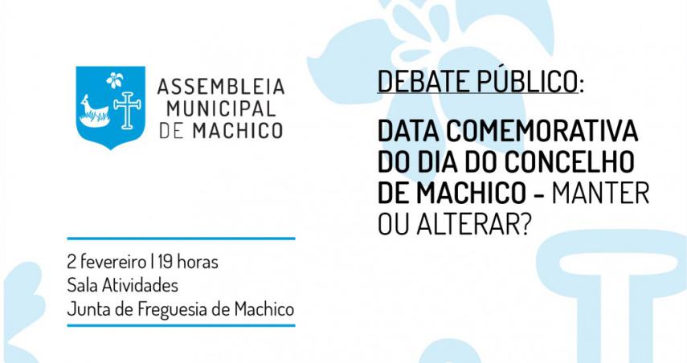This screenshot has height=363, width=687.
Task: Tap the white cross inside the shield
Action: [x=128, y=110]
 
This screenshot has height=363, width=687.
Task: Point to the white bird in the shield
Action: [x=94, y=111]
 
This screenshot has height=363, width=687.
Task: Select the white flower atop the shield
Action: [x=115, y=80]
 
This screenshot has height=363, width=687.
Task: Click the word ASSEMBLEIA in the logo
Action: [x=221, y=87]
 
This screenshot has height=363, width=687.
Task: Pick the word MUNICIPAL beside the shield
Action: [x=221, y=108]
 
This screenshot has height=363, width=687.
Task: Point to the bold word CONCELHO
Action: [x=570, y=161]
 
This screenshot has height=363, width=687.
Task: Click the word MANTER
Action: [x=600, y=193]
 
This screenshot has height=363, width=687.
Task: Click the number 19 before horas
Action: [x=166, y=262]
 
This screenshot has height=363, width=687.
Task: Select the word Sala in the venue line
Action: [x=83, y=285]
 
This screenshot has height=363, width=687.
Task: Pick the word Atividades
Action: [x=140, y=285]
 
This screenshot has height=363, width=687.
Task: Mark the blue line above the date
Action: [x=181, y=239]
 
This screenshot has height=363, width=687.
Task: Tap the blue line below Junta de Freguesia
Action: [x=181, y=325]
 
